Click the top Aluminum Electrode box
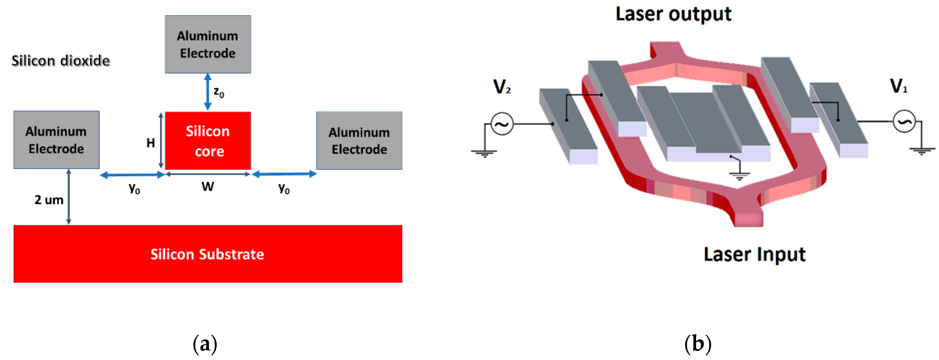click(208, 44)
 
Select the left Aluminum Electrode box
click(56, 140)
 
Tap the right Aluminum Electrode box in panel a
click(359, 140)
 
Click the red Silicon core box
click(208, 141)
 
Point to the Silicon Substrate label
click(207, 254)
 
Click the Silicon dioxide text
click(60, 60)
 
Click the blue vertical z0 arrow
click(208, 92)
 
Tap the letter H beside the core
click(151, 143)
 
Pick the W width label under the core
click(208, 187)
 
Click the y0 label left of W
click(134, 188)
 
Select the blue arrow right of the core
click(284, 174)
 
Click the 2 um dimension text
click(49, 200)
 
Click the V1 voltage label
click(899, 86)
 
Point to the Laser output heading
click(673, 14)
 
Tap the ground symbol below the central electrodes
click(739, 176)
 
